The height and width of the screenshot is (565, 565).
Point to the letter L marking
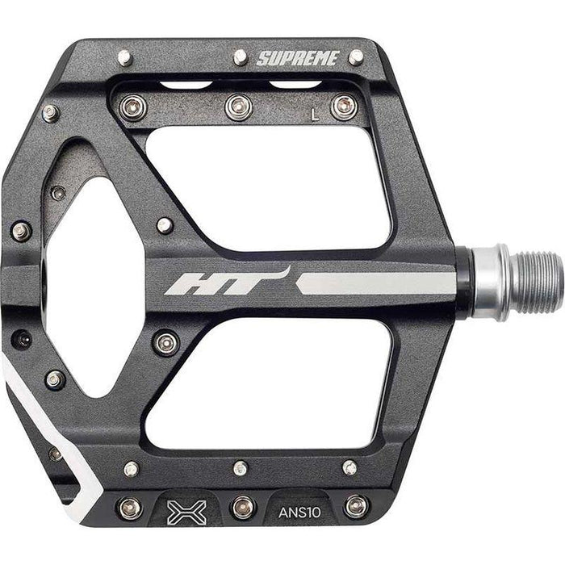(x=315, y=115)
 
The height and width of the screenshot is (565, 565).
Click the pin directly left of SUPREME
(x=240, y=56)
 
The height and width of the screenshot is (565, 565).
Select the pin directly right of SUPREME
(x=355, y=56)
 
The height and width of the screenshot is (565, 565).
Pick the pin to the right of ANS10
(x=354, y=506)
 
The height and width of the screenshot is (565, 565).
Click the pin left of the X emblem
(x=129, y=508)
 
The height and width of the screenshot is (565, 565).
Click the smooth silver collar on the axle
(x=489, y=282)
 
